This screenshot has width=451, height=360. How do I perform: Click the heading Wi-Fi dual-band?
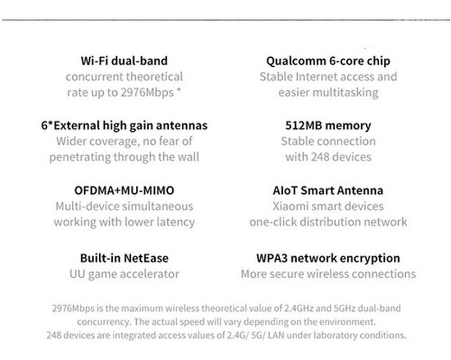point(124,61)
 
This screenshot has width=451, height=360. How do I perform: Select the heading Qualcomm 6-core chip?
point(328,61)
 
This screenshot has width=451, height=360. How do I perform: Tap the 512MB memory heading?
point(328,126)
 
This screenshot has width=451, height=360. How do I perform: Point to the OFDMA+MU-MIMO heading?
point(124,190)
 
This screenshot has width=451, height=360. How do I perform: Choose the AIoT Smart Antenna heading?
point(328,190)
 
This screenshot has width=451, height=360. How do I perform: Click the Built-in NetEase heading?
point(124,258)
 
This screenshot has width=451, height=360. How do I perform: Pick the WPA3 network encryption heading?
point(328,258)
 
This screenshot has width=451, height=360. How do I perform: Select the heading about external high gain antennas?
point(124,126)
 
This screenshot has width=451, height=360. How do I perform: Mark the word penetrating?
point(80,157)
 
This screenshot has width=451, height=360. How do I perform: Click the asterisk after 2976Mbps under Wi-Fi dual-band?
point(179,91)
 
